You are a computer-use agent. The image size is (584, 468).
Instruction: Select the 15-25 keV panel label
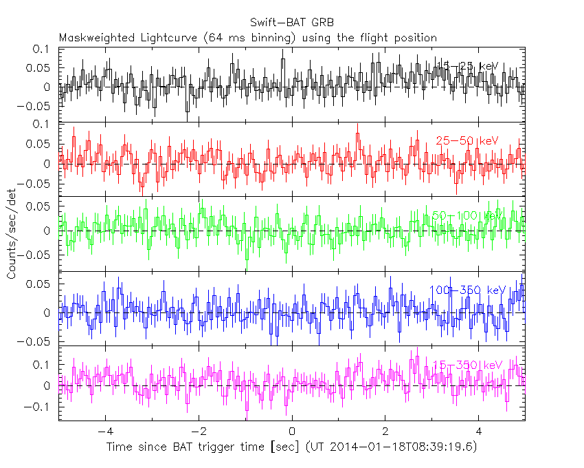pos(467,65)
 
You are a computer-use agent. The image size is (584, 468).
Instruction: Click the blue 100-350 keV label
pos(467,290)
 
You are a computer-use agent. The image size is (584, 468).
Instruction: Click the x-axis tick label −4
pos(104,432)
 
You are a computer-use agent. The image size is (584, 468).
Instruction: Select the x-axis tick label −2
pos(198,432)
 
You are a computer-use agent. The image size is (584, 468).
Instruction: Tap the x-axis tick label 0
pos(292,432)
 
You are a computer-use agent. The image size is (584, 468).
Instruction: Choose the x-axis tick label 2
pos(385,432)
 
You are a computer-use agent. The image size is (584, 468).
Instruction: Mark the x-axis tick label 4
pos(479,432)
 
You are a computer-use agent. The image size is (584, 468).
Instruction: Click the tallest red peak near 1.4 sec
pos(357,135)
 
